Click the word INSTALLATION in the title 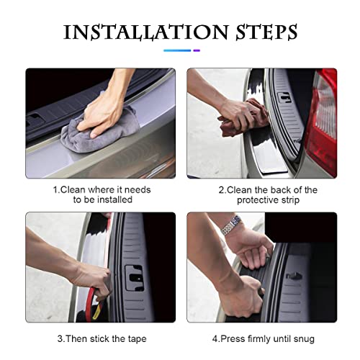click(x=145, y=32)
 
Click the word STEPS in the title click(x=266, y=32)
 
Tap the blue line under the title click(x=177, y=50)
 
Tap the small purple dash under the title click(x=197, y=50)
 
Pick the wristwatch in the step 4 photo click(x=232, y=225)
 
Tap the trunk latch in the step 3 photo click(x=134, y=279)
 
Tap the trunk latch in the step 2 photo click(x=284, y=97)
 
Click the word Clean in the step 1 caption click(x=73, y=190)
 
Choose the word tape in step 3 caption click(x=137, y=339)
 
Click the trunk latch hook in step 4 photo click(x=294, y=276)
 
